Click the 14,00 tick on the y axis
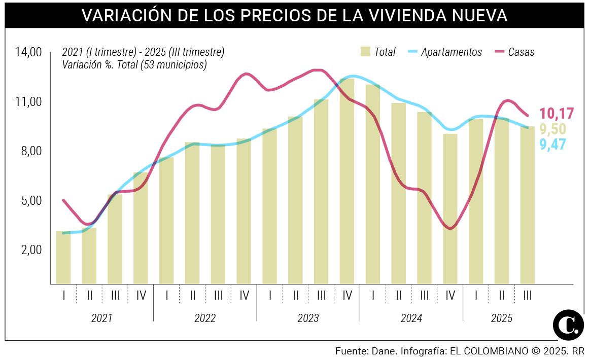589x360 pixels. tap(28, 52)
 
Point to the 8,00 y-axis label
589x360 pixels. tap(28, 151)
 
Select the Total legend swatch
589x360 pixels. tap(365, 52)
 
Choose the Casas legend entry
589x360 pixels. tap(521, 52)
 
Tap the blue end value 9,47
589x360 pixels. tap(552, 145)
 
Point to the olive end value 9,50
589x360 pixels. tap(552, 129)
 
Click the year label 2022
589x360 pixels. tap(205, 318)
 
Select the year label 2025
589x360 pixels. tap(501, 318)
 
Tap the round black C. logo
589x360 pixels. tap(568, 325)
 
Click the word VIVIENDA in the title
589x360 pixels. tap(392, 15)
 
